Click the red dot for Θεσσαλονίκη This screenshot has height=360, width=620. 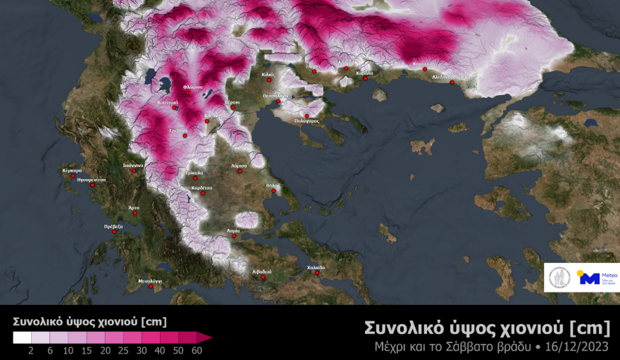click(x=278, y=101)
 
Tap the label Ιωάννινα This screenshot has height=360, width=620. click(x=133, y=166)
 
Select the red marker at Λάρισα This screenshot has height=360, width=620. click(x=239, y=171)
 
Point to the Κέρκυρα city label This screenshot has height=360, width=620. click(x=72, y=170)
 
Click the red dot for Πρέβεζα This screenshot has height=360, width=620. click(x=115, y=232)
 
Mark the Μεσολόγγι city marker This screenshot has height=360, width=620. click(x=150, y=286)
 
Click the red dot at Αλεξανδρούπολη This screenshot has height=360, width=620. click(x=452, y=82)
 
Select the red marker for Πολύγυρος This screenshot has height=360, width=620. click(x=307, y=116)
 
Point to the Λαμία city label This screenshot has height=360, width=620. click(x=233, y=230)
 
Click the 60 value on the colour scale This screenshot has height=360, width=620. click(x=197, y=350)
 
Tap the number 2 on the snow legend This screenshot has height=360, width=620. click(x=31, y=350)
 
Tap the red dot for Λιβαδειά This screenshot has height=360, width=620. click(x=263, y=277)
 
